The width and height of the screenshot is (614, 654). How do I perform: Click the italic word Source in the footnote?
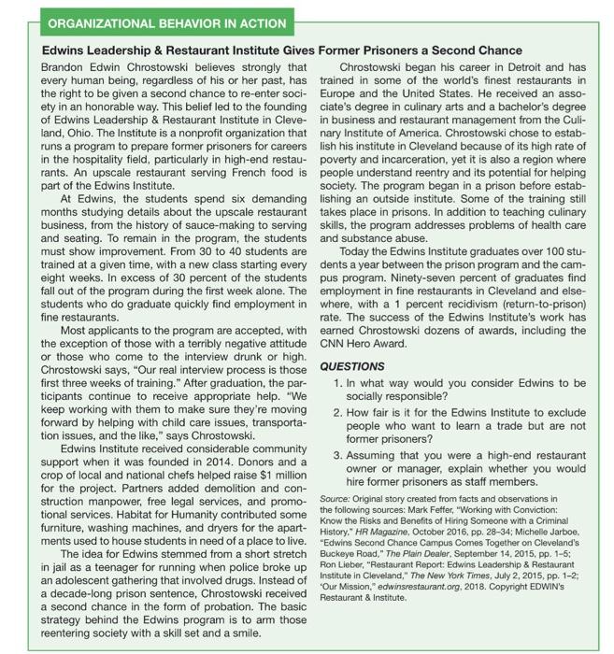[334, 502]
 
